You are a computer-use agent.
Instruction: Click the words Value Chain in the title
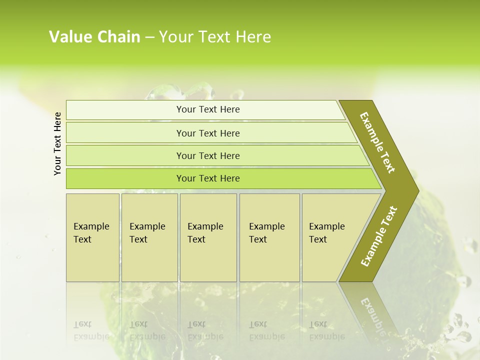[94, 37]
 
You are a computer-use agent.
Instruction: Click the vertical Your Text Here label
[57, 143]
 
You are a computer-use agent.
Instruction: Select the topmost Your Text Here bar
[207, 109]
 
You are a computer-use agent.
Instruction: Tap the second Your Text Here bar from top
[207, 133]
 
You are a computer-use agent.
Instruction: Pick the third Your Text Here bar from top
[207, 155]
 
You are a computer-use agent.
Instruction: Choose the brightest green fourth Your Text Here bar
[207, 178]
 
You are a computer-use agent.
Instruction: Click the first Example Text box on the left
[92, 237]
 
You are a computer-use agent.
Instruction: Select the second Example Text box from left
[149, 237]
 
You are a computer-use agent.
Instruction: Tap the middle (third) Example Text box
[208, 237]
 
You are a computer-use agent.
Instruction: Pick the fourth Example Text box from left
[269, 237]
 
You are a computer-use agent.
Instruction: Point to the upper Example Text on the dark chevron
[377, 142]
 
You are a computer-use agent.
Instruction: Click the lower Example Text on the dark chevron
[378, 236]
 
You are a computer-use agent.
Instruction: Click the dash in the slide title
[149, 37]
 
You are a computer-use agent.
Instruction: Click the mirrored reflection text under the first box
[91, 330]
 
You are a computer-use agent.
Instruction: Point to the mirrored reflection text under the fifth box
[326, 330]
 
